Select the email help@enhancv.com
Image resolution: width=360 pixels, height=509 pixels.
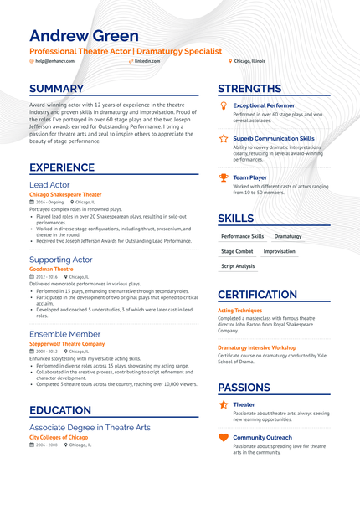54,61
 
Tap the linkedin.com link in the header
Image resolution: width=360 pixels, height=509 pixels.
147,61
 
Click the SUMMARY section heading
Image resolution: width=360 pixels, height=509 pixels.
56,89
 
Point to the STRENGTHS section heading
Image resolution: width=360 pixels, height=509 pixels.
249,89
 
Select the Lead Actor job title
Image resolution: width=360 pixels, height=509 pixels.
49,184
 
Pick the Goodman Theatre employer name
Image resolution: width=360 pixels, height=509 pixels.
51,269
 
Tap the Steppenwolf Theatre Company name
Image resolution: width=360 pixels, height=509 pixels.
67,343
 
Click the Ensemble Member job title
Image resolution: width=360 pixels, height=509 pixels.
64,334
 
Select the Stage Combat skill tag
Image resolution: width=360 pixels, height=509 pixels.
237,251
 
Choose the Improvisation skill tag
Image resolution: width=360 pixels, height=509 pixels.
280,251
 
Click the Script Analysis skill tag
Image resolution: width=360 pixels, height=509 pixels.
238,266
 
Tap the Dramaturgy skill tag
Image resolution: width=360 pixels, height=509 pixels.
288,236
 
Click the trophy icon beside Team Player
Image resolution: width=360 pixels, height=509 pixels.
223,177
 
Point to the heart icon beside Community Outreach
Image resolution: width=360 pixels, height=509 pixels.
223,437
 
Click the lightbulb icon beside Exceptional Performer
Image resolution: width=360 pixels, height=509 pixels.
223,105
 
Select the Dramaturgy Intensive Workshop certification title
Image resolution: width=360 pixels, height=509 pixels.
257,347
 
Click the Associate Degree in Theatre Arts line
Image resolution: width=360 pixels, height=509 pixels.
90,427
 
